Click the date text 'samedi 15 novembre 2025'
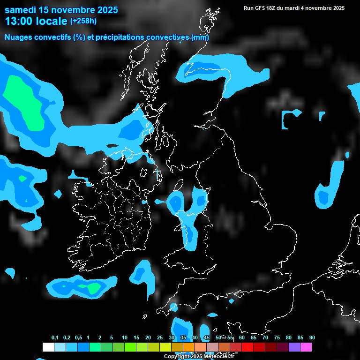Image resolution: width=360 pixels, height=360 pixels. point(61,10)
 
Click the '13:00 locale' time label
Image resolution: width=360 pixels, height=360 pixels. point(36,21)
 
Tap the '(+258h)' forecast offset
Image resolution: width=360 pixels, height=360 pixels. point(83,21)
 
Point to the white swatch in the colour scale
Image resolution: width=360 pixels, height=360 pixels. point(48,347)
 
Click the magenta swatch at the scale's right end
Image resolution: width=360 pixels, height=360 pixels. point(306,347)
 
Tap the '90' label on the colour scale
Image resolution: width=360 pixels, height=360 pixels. point(312,338)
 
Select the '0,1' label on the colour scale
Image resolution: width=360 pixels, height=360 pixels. point(55,338)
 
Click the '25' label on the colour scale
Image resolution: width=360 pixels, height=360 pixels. point(160,338)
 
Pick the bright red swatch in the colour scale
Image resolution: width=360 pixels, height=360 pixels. point(247,347)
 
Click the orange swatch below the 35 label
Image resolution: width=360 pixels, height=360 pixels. point(189,347)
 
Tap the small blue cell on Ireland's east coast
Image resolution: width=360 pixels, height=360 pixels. point(144,202)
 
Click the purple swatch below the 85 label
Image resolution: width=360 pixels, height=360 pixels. point(294,347)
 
